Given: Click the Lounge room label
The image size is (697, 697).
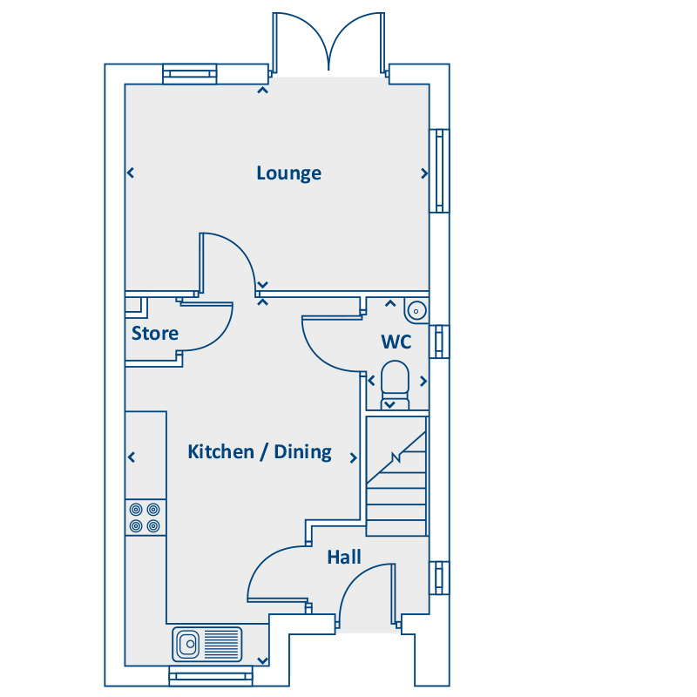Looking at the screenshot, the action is (289, 173).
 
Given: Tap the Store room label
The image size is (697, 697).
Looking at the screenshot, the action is (155, 333).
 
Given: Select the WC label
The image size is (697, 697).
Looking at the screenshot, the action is (396, 342).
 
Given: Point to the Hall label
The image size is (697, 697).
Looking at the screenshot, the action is (344, 557).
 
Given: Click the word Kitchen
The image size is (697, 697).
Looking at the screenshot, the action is (220, 451).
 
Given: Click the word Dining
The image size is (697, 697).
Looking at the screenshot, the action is (302, 452).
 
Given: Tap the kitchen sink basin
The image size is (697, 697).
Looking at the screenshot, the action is (187, 644).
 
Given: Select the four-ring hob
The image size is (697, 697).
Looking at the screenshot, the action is (145, 518).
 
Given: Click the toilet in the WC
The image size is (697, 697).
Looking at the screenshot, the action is (395, 385).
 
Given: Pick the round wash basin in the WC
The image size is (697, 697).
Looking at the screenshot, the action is (416, 310).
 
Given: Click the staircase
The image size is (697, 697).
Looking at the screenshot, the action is (396, 476).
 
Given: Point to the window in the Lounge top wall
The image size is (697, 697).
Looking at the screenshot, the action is (190, 74).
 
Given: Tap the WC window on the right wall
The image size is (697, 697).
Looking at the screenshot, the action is (439, 342).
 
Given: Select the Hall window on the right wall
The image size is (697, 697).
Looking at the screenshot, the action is (439, 578).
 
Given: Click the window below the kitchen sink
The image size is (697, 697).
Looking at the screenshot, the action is (211, 676).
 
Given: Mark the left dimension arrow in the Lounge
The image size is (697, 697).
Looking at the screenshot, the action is (131, 173).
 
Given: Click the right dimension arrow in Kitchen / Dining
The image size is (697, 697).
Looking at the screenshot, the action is (354, 458).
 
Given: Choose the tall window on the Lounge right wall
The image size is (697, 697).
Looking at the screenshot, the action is (439, 171).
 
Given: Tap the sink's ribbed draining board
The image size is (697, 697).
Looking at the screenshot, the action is (221, 644).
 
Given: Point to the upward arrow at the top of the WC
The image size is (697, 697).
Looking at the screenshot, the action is (390, 303).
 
